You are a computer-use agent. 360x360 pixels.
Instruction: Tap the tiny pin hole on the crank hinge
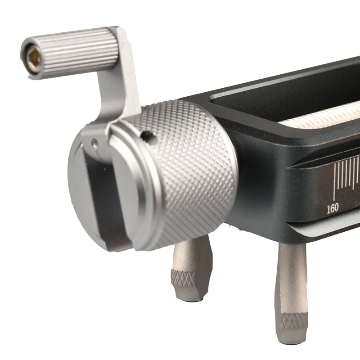94,143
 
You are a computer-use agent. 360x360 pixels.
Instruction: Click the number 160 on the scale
333,208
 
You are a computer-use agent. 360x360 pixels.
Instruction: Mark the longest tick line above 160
334,181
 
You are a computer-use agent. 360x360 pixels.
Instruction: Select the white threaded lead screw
321,115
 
